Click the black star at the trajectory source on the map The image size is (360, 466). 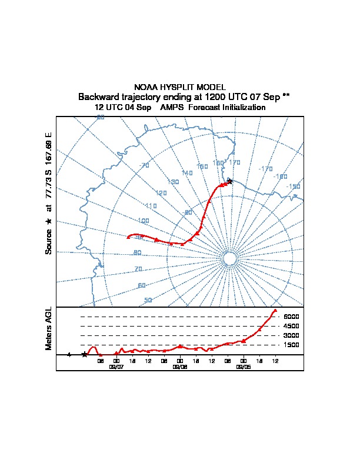click(230, 181)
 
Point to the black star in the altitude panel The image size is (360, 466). click(84, 354)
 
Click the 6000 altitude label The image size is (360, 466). click(292, 317)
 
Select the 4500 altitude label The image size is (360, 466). click(292, 326)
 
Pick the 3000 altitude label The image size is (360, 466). click(292, 335)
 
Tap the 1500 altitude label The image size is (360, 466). click(292, 345)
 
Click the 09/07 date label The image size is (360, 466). click(116, 366)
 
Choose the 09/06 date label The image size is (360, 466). click(179, 366)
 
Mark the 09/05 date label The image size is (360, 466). click(243, 366)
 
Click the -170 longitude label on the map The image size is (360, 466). click(265, 169)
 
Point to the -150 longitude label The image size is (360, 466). click(293, 187)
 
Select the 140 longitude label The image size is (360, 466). click(187, 173)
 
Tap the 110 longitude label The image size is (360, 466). click(151, 206)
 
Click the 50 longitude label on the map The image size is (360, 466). click(148, 300)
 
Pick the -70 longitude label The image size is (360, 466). click(143, 165)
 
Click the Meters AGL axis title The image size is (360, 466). click(49, 329)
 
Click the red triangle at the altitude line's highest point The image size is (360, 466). click(275, 310)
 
